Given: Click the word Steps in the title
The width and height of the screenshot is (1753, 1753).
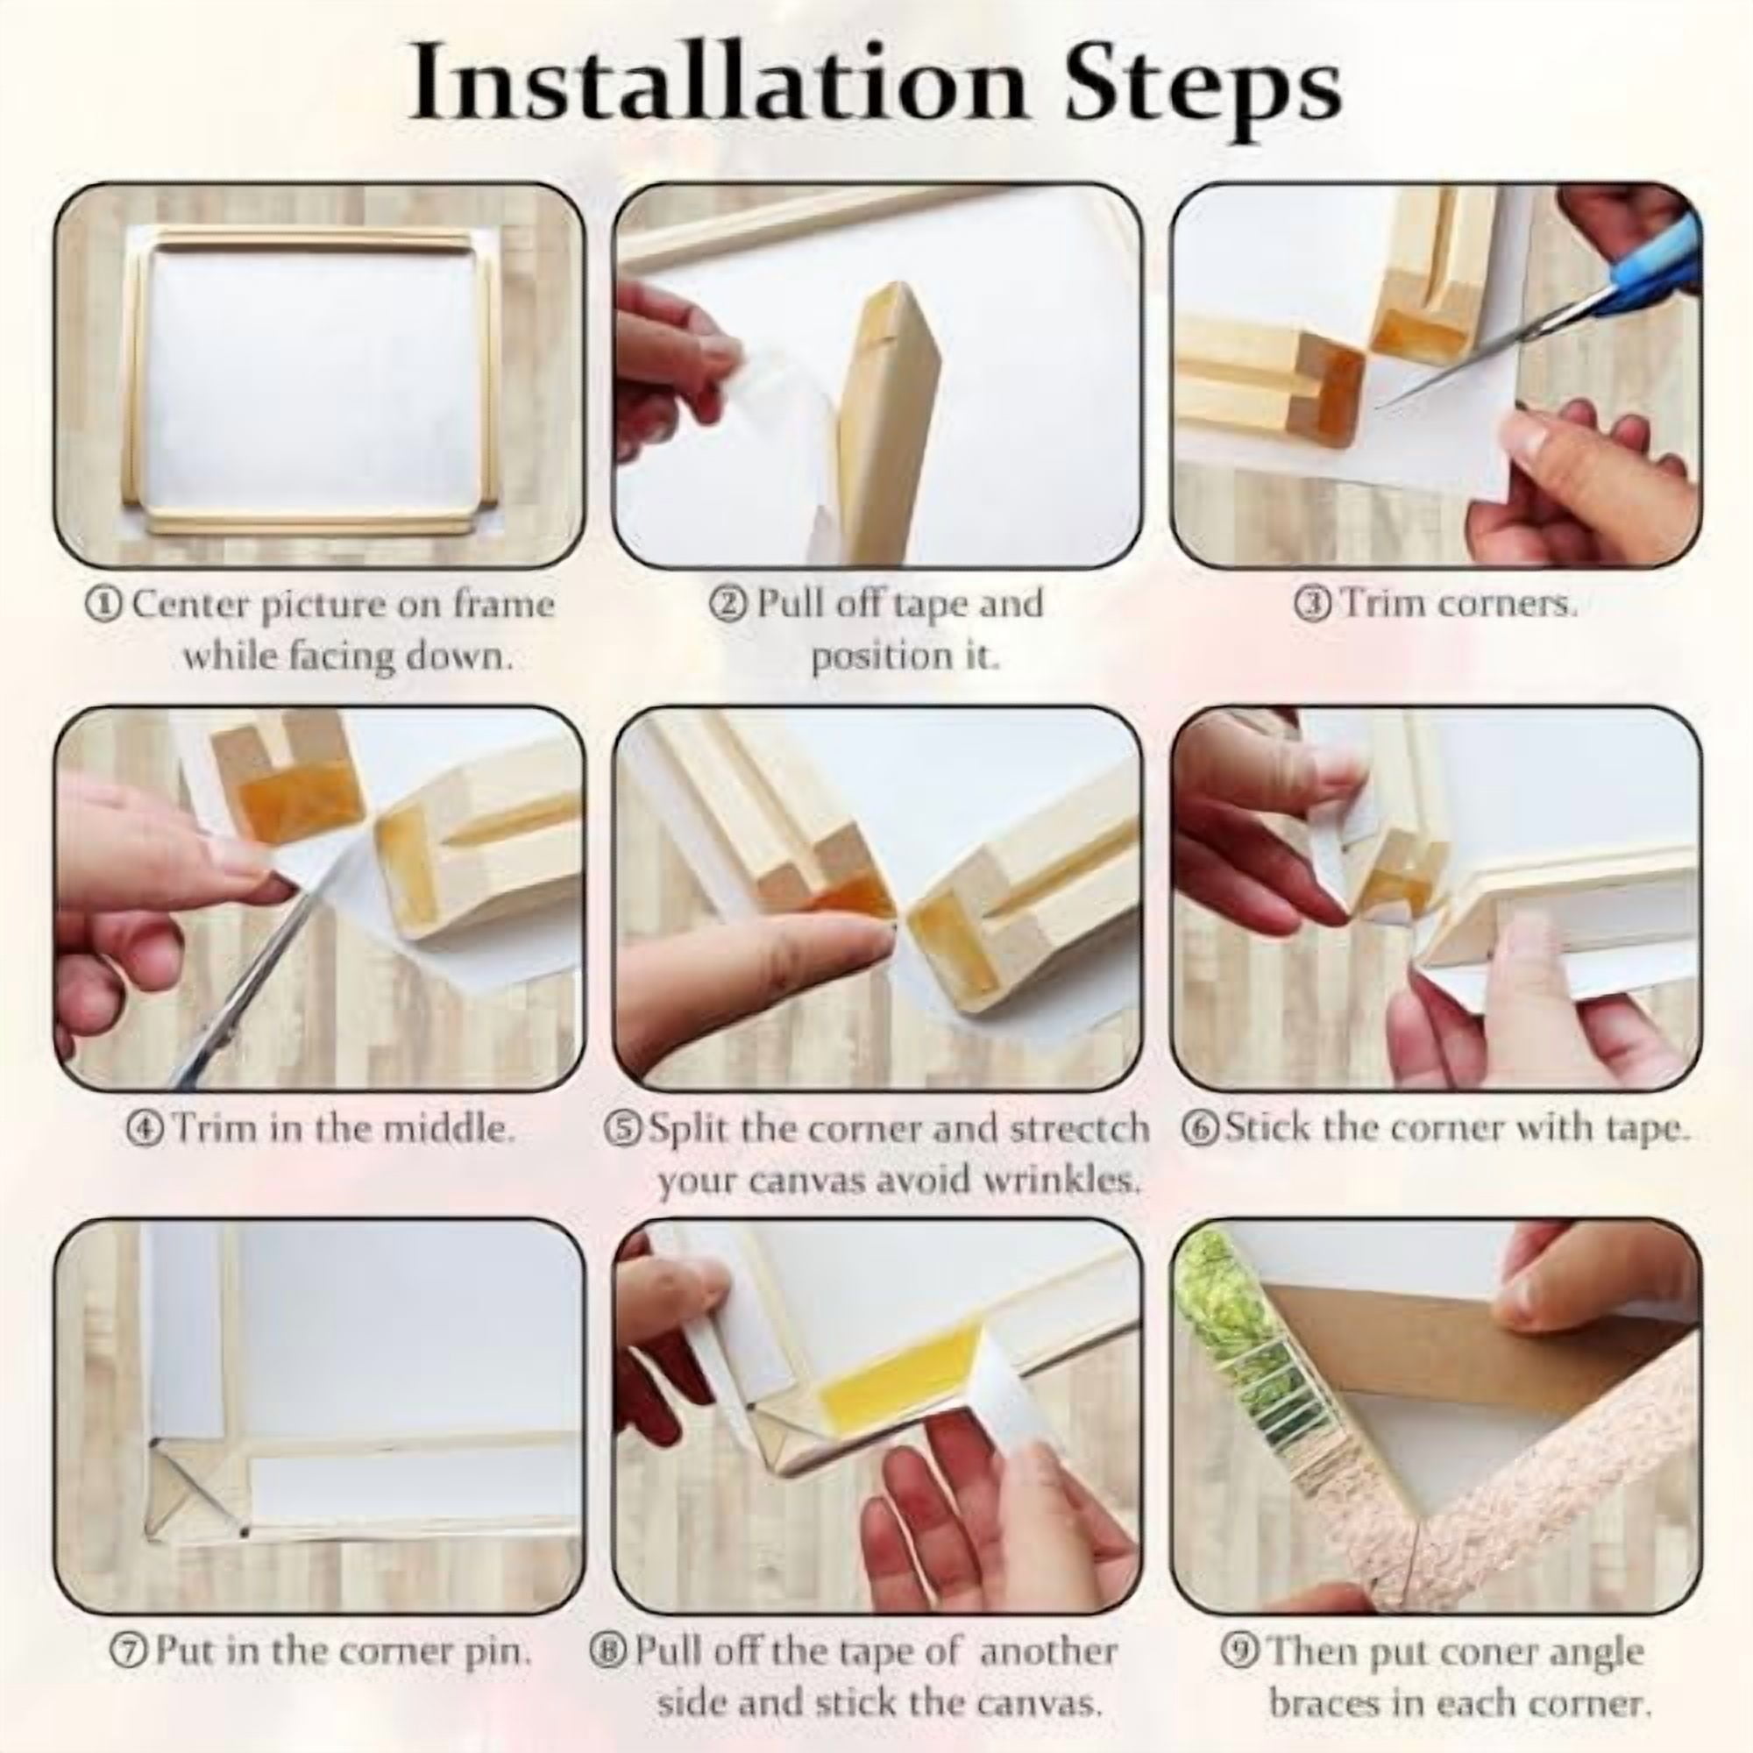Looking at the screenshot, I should (x=1203, y=91).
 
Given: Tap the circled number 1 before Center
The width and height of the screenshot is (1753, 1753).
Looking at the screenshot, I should (x=103, y=604).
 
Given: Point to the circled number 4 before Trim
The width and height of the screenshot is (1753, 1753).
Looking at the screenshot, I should (x=145, y=1131).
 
